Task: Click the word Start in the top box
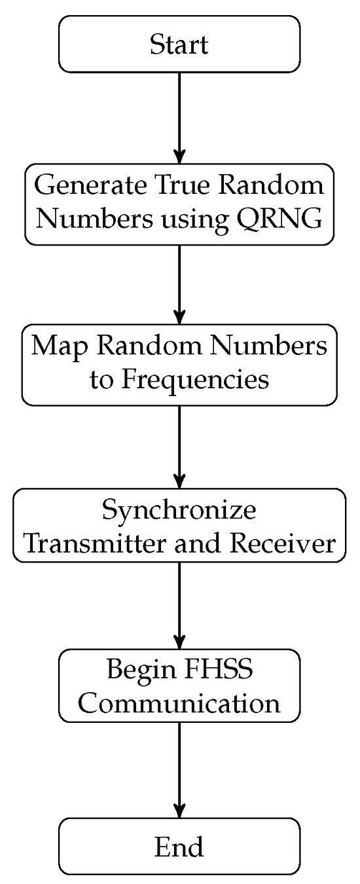click(x=179, y=45)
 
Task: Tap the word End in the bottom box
click(x=179, y=847)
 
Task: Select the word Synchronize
click(x=179, y=509)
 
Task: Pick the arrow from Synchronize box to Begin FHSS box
click(x=179, y=602)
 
